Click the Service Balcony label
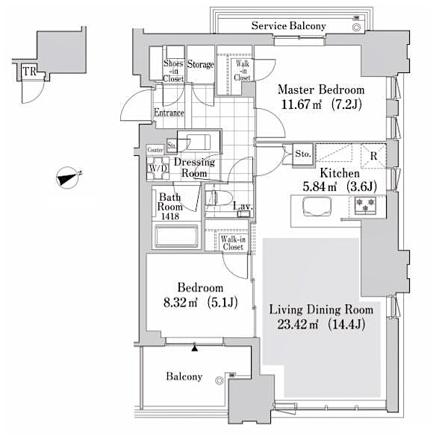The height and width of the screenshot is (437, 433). point(288,26)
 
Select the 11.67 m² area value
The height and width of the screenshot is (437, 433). point(294,104)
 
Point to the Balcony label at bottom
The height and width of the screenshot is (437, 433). point(184,377)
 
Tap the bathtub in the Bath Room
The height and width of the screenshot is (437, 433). point(175,238)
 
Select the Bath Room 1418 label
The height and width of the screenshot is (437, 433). point(169,203)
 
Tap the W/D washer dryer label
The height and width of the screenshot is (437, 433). point(157,169)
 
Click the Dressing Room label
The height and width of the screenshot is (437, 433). point(194,168)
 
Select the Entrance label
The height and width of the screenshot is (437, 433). point(169,113)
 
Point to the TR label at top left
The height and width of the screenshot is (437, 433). point(28,72)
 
